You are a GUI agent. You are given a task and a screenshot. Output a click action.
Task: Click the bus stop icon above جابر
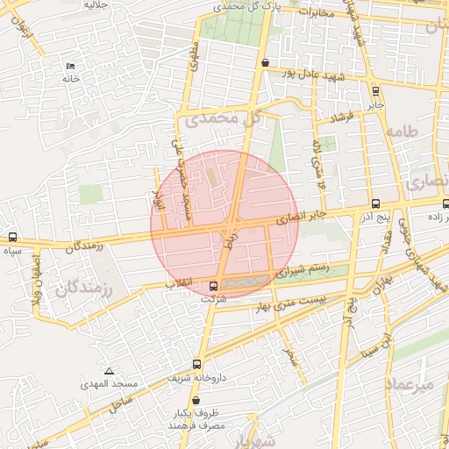tap(375, 90)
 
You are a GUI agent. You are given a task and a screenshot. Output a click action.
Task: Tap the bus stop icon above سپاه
tap(12, 237)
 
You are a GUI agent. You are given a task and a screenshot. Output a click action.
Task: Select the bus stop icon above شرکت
tap(215, 285)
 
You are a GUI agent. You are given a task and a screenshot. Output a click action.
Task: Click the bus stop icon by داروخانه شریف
tap(196, 364)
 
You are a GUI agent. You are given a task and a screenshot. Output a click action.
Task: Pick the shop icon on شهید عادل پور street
tap(265, 62)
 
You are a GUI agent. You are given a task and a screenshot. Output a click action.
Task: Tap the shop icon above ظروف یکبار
tap(206, 399)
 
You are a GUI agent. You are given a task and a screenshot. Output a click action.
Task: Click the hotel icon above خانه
tap(70, 67)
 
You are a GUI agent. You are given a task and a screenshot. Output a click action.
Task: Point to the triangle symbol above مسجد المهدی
tap(109, 372)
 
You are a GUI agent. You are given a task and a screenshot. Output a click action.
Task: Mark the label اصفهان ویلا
tap(37, 282)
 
